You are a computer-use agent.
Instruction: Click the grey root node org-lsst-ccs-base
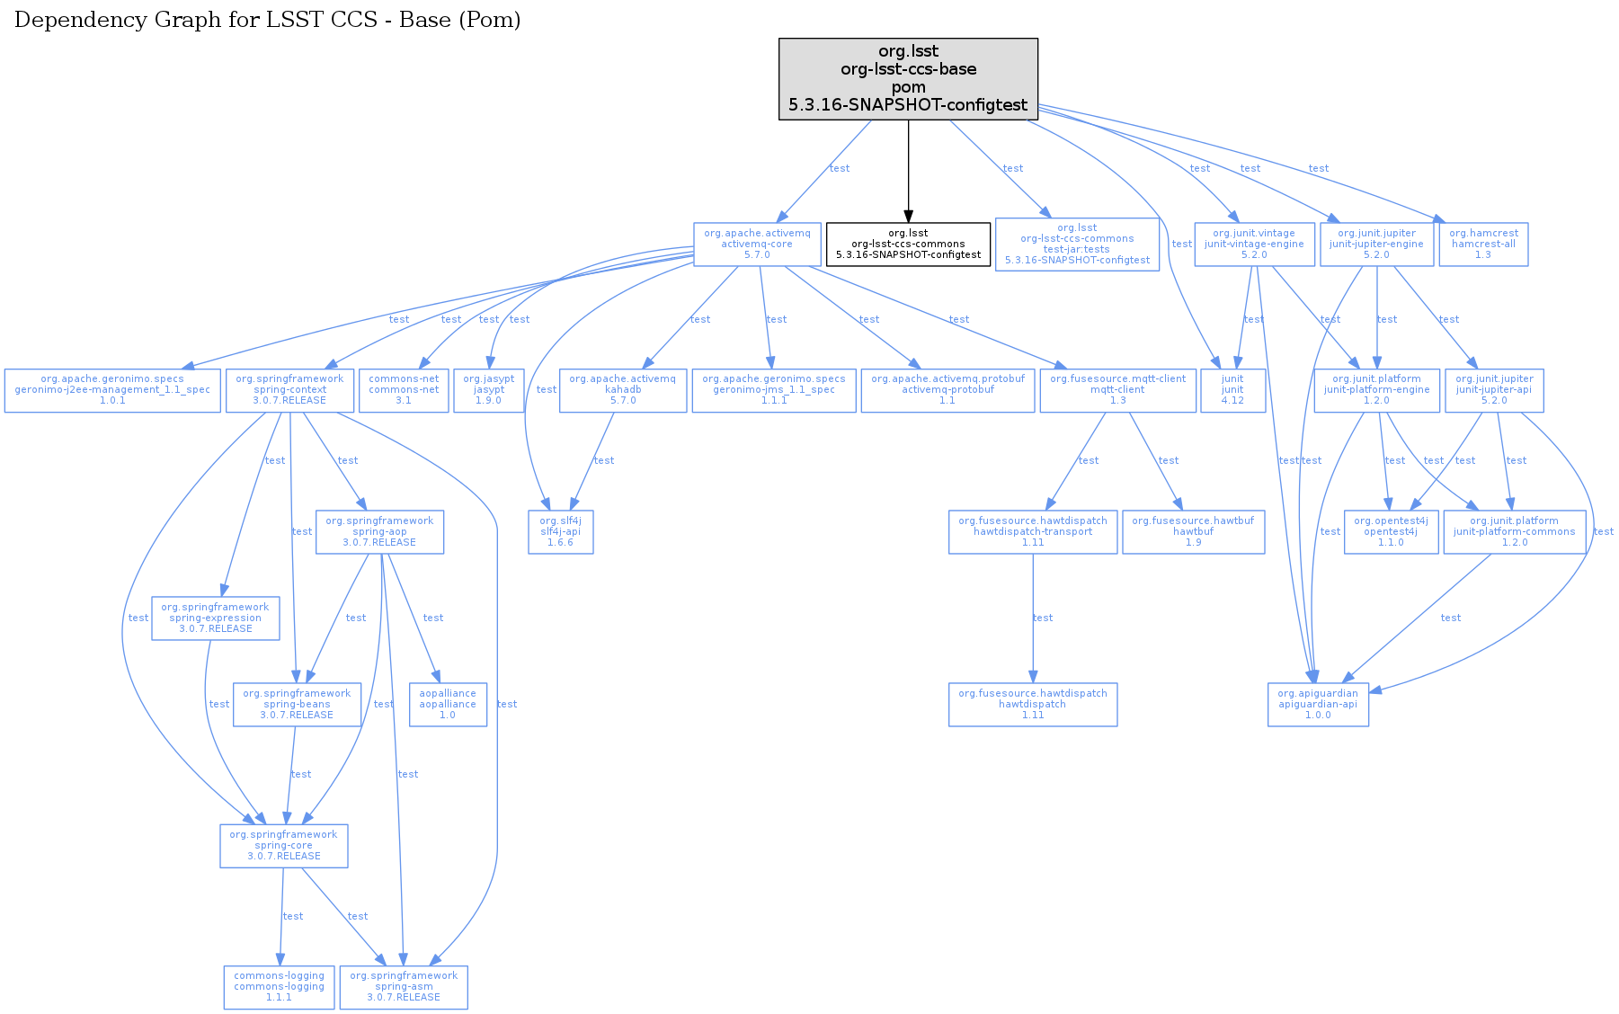pos(908,79)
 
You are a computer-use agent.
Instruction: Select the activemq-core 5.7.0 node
pos(757,245)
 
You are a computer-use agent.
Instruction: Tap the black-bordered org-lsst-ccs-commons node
pos(908,245)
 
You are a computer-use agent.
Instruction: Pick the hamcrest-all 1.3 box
pos(1483,245)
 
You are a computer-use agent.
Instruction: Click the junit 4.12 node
pos(1232,390)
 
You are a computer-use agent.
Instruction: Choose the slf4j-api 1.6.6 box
pos(560,532)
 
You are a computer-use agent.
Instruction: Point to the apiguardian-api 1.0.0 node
pos(1318,705)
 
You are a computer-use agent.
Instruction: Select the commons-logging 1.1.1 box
pos(279,987)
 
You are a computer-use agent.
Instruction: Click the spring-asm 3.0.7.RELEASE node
pos(404,987)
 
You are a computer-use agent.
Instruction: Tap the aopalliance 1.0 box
pos(448,705)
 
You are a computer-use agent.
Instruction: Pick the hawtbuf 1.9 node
pos(1193,532)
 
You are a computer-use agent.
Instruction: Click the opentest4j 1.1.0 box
pos(1391,532)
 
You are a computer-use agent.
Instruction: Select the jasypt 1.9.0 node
pos(488,390)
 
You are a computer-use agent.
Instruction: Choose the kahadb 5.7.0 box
pos(622,390)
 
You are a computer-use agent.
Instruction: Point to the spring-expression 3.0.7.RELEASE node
pos(215,618)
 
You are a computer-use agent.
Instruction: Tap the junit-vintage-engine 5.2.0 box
pos(1254,245)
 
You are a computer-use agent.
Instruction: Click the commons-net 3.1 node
pos(404,390)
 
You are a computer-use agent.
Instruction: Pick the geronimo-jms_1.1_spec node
pos(774,390)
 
